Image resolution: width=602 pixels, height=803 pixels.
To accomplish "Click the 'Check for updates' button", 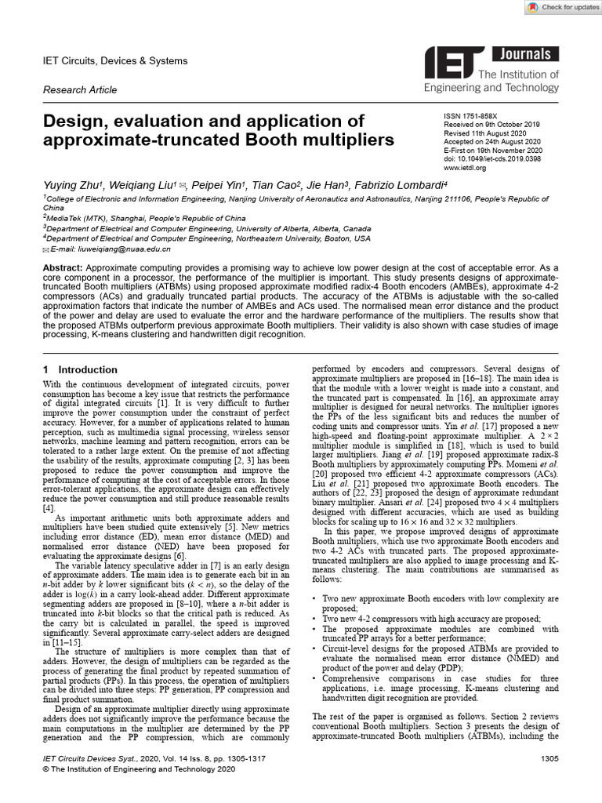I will (560, 7).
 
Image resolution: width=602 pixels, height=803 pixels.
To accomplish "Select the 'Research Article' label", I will (80, 90).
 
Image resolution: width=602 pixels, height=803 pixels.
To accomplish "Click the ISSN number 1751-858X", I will (486, 114).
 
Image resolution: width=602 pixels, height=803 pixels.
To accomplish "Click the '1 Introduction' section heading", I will (81, 369).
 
